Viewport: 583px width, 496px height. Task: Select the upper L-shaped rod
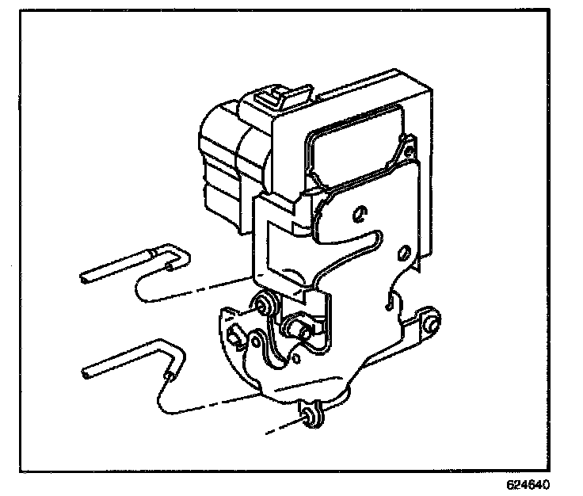pos(135,265)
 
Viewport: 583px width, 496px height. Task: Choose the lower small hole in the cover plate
pos(403,253)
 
